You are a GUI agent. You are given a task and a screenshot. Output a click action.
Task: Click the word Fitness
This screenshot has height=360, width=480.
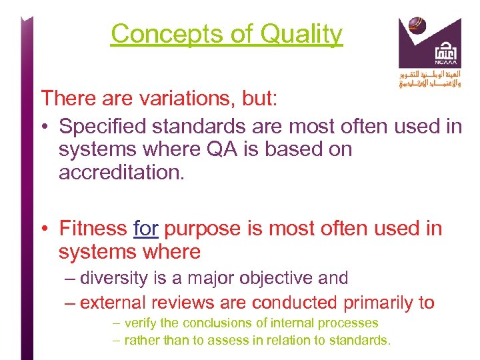93,229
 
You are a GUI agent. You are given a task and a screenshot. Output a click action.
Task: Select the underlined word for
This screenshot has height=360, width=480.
145,229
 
